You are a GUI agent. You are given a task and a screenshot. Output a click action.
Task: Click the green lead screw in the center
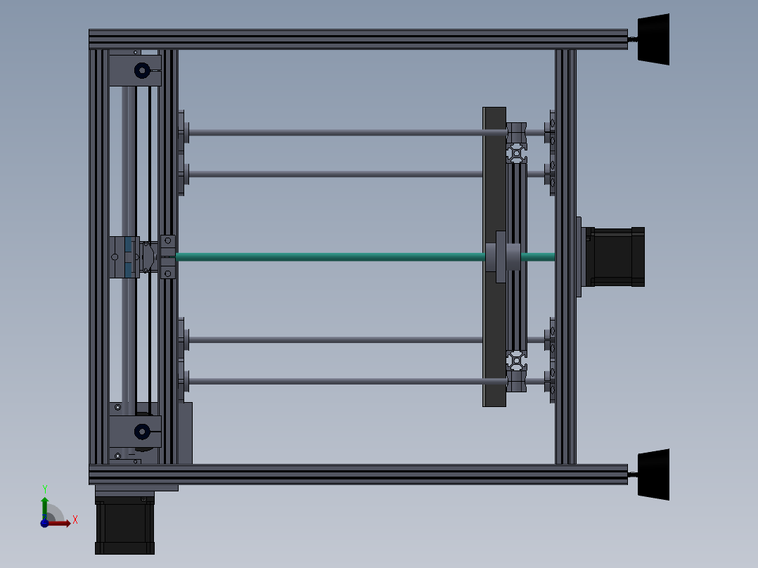pyautogui.click(x=330, y=257)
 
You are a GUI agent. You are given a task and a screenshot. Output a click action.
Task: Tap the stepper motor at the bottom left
pyautogui.click(x=124, y=526)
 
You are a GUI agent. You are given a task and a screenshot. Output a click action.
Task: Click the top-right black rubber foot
pyautogui.click(x=655, y=39)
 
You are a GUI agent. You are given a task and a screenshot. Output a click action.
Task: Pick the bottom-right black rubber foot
pyautogui.click(x=655, y=475)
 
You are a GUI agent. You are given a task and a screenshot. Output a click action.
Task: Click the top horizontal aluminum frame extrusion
pyautogui.click(x=359, y=39)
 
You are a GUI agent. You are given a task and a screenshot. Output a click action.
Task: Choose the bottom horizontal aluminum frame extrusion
pyautogui.click(x=359, y=475)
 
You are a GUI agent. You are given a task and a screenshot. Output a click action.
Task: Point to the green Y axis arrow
pyautogui.click(x=45, y=503)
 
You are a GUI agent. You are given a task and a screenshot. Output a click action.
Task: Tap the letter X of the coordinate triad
pyautogui.click(x=75, y=519)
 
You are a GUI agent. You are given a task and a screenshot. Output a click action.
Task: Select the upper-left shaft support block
pyautogui.click(x=136, y=70)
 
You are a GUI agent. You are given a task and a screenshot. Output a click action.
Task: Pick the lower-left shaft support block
pyautogui.click(x=136, y=430)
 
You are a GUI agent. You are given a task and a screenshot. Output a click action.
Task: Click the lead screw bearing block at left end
pyautogui.click(x=167, y=257)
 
